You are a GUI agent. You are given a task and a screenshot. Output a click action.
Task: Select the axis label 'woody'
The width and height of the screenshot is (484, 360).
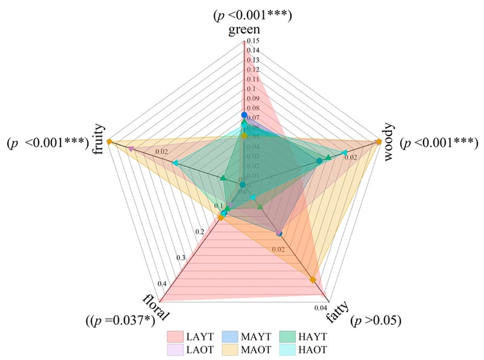(388, 140)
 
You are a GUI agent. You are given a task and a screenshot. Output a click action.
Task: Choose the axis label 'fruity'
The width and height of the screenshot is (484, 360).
(98, 141)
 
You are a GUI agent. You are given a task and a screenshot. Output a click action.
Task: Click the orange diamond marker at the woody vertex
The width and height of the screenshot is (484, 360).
(378, 142)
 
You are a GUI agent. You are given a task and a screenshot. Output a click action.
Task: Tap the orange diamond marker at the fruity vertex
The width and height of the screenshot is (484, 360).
(110, 142)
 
